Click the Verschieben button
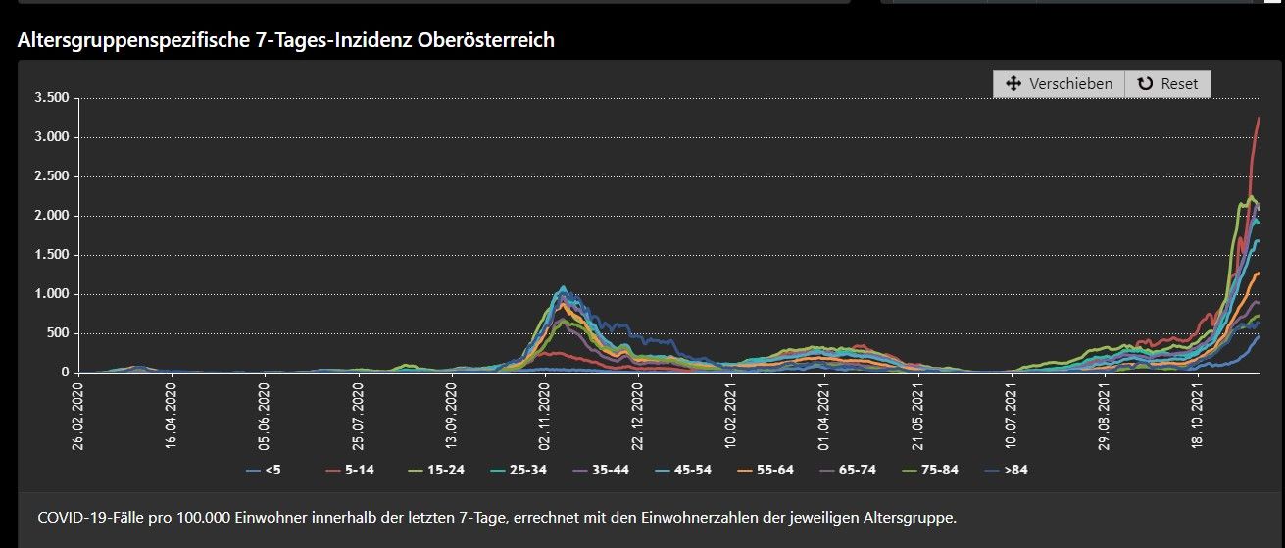click(x=1059, y=84)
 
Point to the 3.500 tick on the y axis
click(x=50, y=98)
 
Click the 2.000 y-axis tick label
click(x=50, y=216)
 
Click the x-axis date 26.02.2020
click(x=78, y=414)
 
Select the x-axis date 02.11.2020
click(x=545, y=414)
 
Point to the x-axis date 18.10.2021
click(x=1197, y=414)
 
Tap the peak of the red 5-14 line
click(x=1259, y=118)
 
